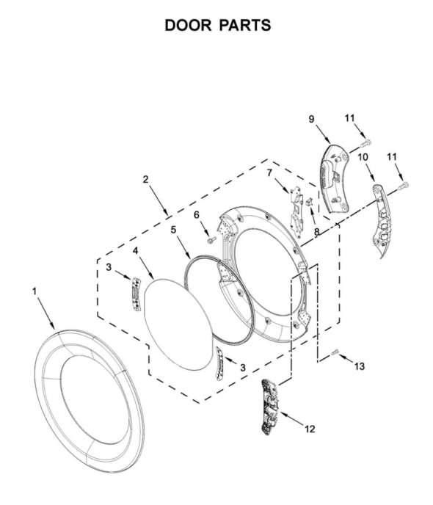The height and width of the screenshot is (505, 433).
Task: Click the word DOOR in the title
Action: click(188, 25)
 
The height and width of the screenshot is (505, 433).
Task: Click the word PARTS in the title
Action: click(245, 25)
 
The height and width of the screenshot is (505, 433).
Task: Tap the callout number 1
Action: click(34, 291)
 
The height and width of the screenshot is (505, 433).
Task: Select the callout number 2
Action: click(146, 179)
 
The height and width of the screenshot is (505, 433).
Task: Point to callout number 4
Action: click(136, 250)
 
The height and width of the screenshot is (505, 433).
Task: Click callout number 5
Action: click(173, 230)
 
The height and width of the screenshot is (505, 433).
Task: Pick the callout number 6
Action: click(197, 214)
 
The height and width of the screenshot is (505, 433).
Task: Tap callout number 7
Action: click(269, 173)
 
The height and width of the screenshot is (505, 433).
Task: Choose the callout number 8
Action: click(317, 231)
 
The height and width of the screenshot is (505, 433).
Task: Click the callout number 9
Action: click(311, 119)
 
